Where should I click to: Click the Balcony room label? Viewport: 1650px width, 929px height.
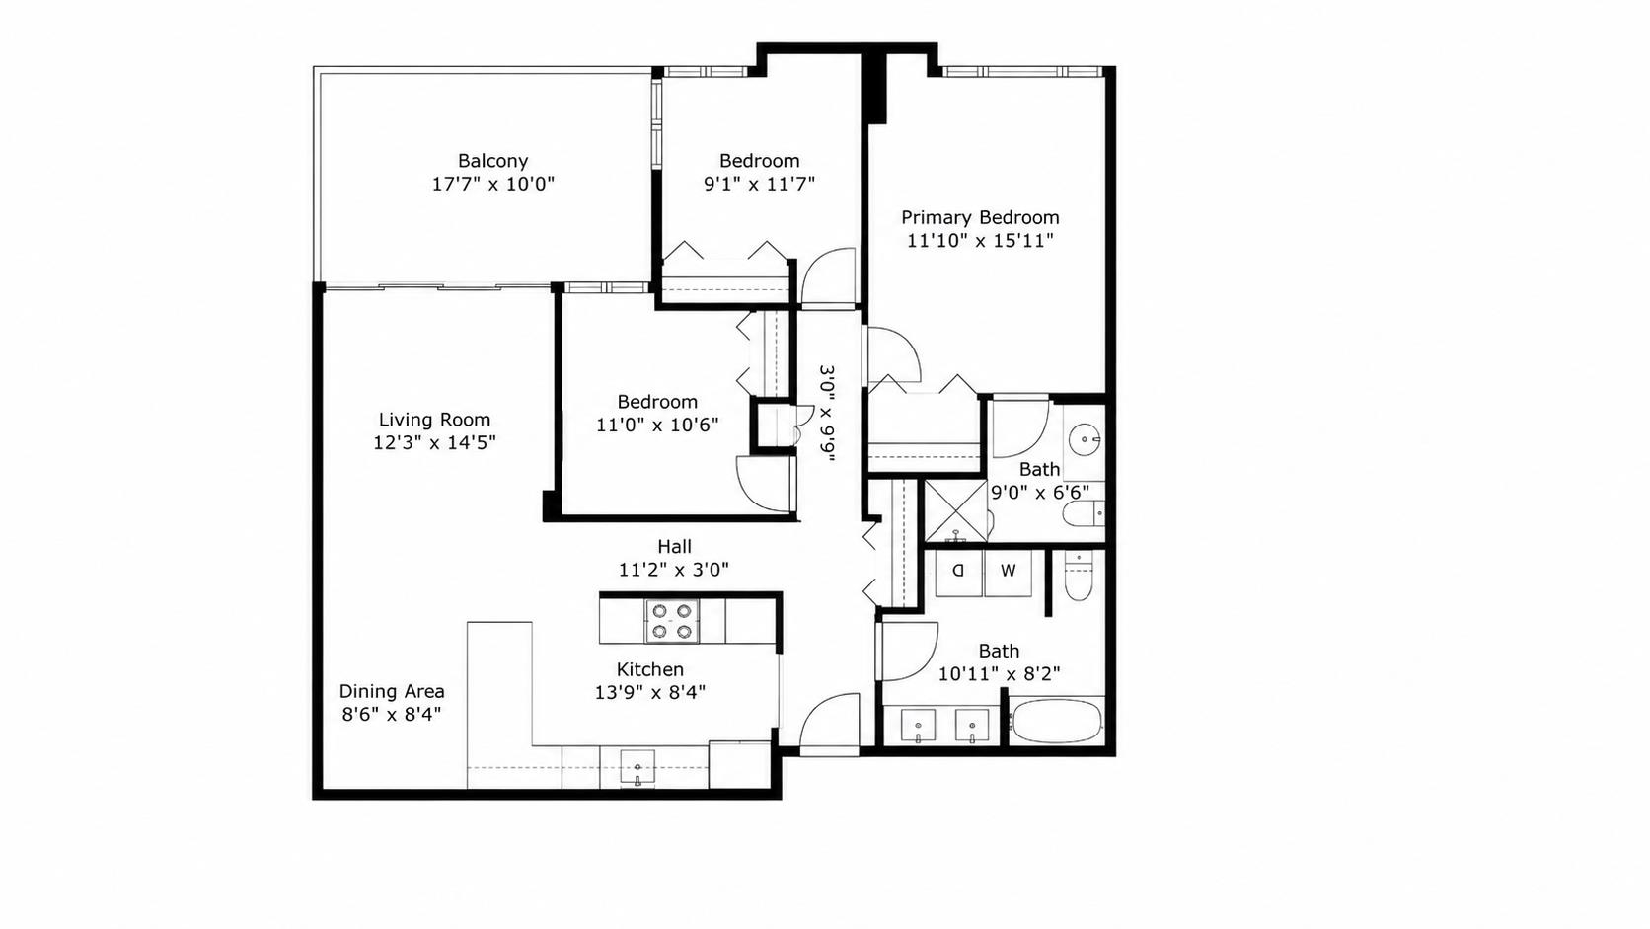tap(492, 161)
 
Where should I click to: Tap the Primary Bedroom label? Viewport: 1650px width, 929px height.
tap(980, 217)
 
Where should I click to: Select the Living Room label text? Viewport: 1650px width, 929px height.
tap(434, 420)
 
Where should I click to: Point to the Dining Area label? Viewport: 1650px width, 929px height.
tap(392, 691)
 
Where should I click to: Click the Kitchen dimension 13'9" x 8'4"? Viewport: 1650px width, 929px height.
tap(650, 692)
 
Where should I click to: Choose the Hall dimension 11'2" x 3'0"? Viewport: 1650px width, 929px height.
tap(674, 570)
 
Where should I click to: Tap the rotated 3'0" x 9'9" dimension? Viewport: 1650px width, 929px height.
tap(828, 414)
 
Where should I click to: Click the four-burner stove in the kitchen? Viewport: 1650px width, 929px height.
tap(672, 621)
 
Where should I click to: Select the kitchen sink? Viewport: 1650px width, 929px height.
tap(637, 769)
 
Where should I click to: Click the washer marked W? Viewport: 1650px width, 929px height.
tap(1009, 573)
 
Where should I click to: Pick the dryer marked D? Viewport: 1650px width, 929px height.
tap(959, 573)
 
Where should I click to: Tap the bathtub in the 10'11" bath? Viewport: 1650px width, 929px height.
tap(1056, 723)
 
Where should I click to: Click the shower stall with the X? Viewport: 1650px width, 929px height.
tap(955, 511)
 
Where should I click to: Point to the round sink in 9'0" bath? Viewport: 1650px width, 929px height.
tap(1085, 441)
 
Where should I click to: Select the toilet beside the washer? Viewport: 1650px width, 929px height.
tap(1079, 577)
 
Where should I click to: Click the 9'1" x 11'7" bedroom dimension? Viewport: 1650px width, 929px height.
tap(760, 184)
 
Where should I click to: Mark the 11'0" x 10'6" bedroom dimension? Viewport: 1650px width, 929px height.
tap(657, 425)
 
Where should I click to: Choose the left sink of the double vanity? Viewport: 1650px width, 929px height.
tap(919, 727)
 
